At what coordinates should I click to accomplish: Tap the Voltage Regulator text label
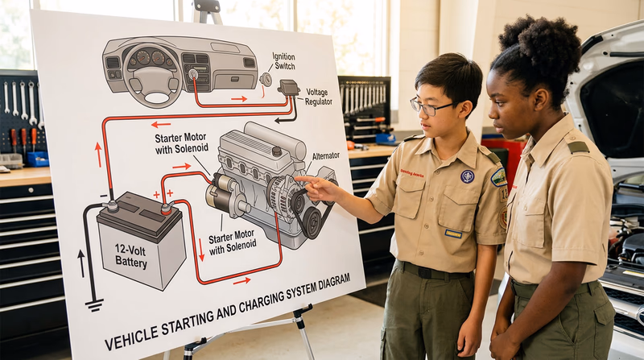[x=317, y=97]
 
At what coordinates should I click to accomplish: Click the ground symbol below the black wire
[x=94, y=304]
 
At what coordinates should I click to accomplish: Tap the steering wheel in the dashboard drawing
[x=154, y=81]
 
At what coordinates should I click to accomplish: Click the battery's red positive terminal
[x=166, y=209]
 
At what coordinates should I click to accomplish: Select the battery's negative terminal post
[x=112, y=206]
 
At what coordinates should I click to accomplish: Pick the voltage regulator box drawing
[x=288, y=87]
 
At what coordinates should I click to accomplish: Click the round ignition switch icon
[x=265, y=79]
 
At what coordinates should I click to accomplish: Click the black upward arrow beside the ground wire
[x=80, y=263]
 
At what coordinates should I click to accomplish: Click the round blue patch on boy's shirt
[x=467, y=176]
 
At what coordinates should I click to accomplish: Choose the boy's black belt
[x=435, y=272]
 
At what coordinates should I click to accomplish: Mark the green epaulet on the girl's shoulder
[x=577, y=147]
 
